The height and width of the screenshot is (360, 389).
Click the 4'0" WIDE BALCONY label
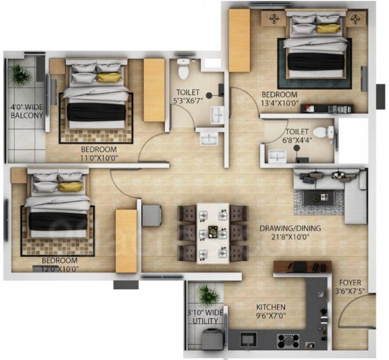(27, 112)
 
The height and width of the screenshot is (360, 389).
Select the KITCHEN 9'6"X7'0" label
(271, 311)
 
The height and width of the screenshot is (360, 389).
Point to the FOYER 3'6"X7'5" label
(350, 286)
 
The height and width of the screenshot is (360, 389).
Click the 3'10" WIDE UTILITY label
(205, 316)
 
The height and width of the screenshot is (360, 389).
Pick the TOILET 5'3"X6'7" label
(188, 97)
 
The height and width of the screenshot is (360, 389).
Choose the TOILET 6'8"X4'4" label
(297, 136)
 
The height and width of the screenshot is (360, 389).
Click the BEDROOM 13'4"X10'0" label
(280, 98)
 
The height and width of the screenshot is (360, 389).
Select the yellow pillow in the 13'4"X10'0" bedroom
(328, 28)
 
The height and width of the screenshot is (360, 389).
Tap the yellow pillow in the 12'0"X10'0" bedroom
(70, 187)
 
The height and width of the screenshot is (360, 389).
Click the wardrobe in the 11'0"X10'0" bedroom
(154, 90)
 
